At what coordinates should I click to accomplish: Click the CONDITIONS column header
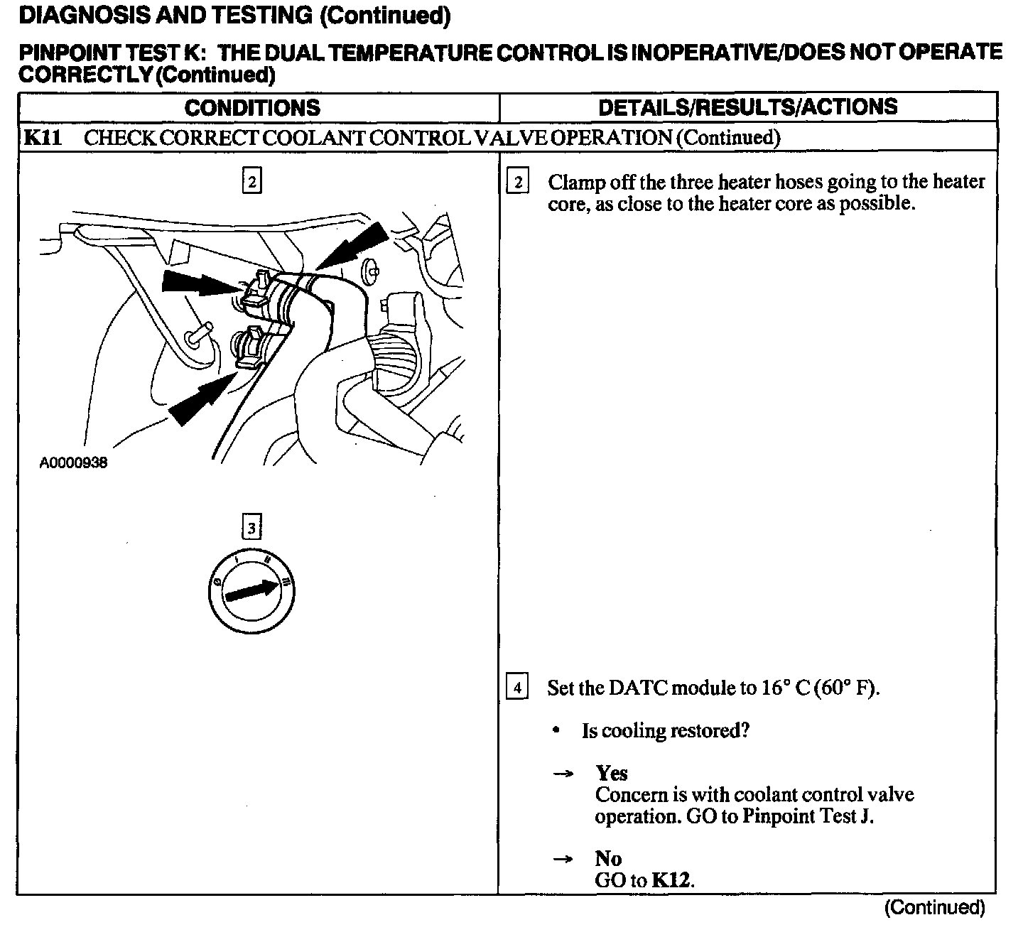coord(252,108)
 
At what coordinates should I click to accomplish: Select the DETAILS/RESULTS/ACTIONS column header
coord(747,107)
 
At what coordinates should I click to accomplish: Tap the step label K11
coord(43,137)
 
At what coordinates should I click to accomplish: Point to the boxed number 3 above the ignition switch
coord(251,528)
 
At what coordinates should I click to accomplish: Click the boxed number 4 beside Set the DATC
coord(517,688)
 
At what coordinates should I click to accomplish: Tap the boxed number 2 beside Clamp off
coord(517,183)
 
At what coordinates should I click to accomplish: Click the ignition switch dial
coord(252,590)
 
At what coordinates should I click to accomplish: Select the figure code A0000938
coord(73,463)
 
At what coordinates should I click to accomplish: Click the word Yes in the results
coord(612,773)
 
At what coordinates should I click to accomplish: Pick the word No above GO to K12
coord(608,858)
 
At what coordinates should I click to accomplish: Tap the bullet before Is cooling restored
coord(558,731)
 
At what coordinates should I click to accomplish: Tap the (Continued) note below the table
coord(934,907)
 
